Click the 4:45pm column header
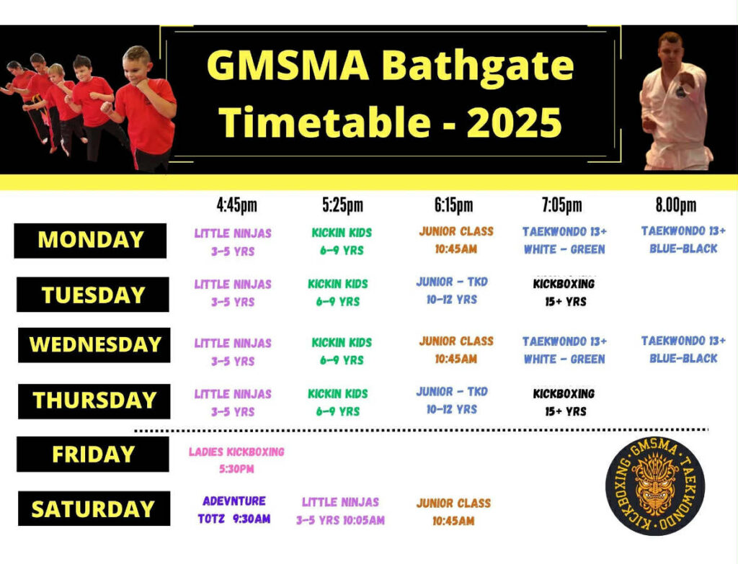click(x=236, y=205)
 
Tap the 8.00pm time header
click(x=676, y=205)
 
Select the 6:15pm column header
click(x=454, y=205)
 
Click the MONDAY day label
click(x=90, y=241)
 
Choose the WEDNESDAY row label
click(x=94, y=345)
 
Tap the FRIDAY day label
click(x=93, y=455)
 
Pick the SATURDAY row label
click(x=94, y=509)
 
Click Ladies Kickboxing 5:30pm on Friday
click(x=236, y=460)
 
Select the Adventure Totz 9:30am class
click(x=234, y=510)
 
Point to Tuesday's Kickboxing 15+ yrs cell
click(x=564, y=292)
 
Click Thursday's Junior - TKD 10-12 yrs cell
click(x=452, y=400)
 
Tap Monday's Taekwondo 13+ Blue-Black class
click(x=683, y=239)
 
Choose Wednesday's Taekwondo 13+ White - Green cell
click(x=564, y=350)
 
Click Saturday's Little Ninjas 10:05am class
click(x=340, y=511)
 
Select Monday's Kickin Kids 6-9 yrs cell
click(x=342, y=241)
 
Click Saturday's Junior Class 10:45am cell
click(x=454, y=512)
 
